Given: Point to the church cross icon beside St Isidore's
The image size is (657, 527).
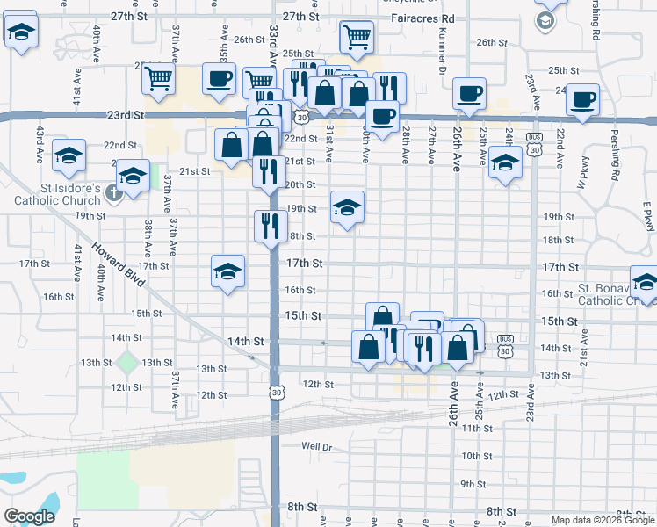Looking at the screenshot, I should click(112, 191).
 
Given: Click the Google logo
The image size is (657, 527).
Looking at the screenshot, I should click(29, 516).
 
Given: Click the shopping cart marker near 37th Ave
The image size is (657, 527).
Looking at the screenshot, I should click(158, 78).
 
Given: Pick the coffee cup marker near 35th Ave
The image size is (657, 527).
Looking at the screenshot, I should click(218, 78).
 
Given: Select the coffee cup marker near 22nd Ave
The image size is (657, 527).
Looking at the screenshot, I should click(582, 99).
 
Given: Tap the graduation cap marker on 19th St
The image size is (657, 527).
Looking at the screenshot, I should click(347, 207).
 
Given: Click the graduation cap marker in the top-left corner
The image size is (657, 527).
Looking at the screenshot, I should click(21, 33).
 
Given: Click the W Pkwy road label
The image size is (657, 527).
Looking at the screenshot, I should click(581, 172).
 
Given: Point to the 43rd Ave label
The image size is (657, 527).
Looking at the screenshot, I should click(40, 143).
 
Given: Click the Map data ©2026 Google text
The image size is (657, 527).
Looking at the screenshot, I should click(603, 520).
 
